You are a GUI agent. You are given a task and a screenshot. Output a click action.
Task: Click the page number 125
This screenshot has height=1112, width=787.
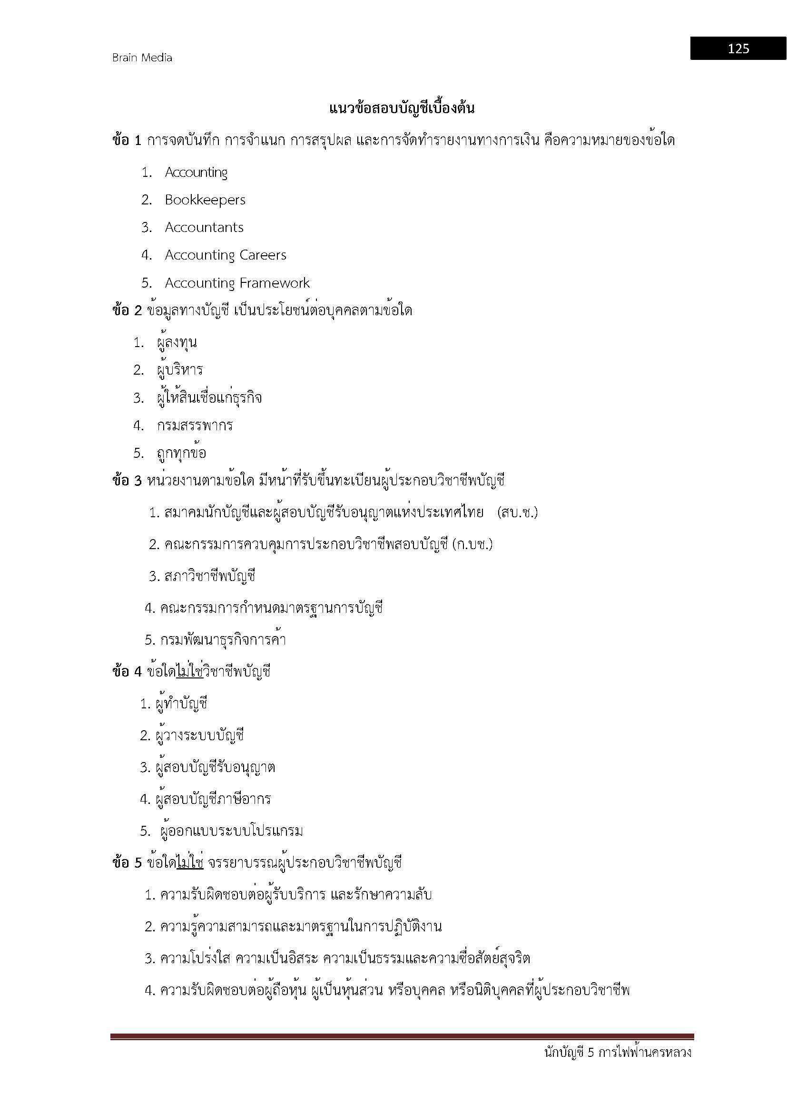click(x=738, y=48)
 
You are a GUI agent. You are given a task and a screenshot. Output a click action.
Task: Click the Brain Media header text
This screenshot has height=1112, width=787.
click(x=142, y=58)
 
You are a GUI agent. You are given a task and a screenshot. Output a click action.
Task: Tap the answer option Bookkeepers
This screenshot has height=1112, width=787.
click(x=205, y=200)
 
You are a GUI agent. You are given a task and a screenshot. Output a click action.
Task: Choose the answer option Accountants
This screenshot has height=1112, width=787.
click(x=204, y=227)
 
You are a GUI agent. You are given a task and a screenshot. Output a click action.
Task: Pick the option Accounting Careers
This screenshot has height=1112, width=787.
click(x=226, y=255)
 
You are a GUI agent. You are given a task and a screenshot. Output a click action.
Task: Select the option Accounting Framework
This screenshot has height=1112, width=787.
click(x=237, y=283)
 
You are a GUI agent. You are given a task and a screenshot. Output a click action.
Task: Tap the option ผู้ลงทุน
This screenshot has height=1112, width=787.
click(x=177, y=343)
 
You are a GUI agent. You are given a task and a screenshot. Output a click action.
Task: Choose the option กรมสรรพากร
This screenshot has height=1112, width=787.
click(x=195, y=425)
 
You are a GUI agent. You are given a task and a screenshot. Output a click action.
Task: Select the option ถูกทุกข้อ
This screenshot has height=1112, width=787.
click(x=182, y=454)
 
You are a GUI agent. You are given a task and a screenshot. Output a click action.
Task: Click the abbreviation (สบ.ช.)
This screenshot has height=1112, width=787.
click(x=518, y=512)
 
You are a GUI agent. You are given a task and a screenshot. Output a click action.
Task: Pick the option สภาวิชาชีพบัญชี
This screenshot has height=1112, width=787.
click(x=210, y=576)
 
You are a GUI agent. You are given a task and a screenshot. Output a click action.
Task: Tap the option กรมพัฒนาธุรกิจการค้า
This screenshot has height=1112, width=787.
click(x=223, y=640)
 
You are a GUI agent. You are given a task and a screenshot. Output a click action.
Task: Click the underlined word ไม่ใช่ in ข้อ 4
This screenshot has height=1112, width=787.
click(x=189, y=672)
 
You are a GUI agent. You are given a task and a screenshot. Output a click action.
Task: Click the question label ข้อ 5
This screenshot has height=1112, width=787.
click(x=127, y=862)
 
